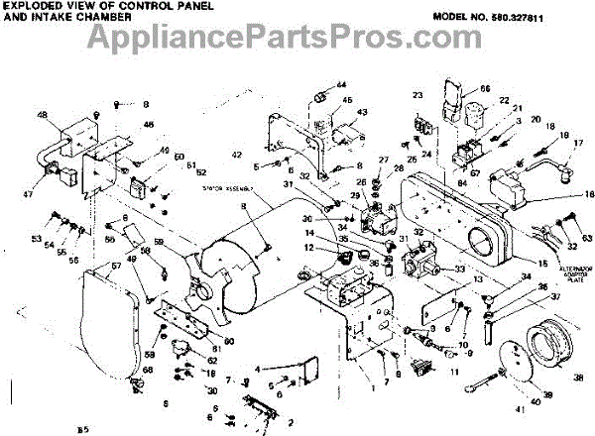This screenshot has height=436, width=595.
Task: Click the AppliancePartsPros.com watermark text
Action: click(297, 40)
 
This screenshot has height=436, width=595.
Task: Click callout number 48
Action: click(42, 115)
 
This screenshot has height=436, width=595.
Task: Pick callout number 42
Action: click(238, 156)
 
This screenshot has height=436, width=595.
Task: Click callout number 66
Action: click(486, 88)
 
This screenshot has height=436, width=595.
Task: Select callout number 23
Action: click(417, 95)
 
